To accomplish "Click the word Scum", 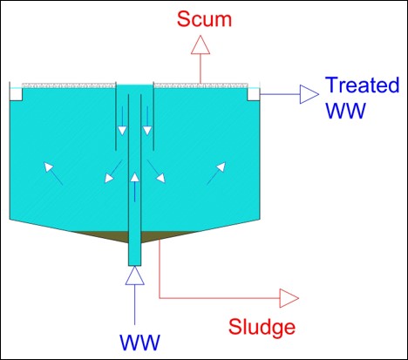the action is [x=204, y=19].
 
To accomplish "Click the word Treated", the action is [x=363, y=85].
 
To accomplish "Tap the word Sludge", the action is [x=262, y=327].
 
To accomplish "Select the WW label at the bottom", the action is [x=139, y=343].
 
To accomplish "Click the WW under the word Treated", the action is [x=345, y=111].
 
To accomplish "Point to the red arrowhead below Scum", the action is [x=201, y=44].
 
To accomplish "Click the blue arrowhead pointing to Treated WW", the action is [x=309, y=94].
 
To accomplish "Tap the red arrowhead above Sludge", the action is [x=289, y=298].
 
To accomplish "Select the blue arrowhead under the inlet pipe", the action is [x=135, y=275].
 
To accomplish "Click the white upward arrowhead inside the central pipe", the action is [x=134, y=177].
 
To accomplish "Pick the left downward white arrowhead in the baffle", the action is [x=122, y=131].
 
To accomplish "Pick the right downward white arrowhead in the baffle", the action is [x=147, y=131].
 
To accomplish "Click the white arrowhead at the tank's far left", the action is [x=48, y=166].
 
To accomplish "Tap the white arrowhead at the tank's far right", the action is [x=221, y=166].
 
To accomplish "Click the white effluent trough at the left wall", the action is [x=16, y=94].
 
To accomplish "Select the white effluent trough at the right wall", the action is [x=254, y=94].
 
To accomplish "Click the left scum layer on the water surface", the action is [x=69, y=85].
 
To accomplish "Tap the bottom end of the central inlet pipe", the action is [x=135, y=265].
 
